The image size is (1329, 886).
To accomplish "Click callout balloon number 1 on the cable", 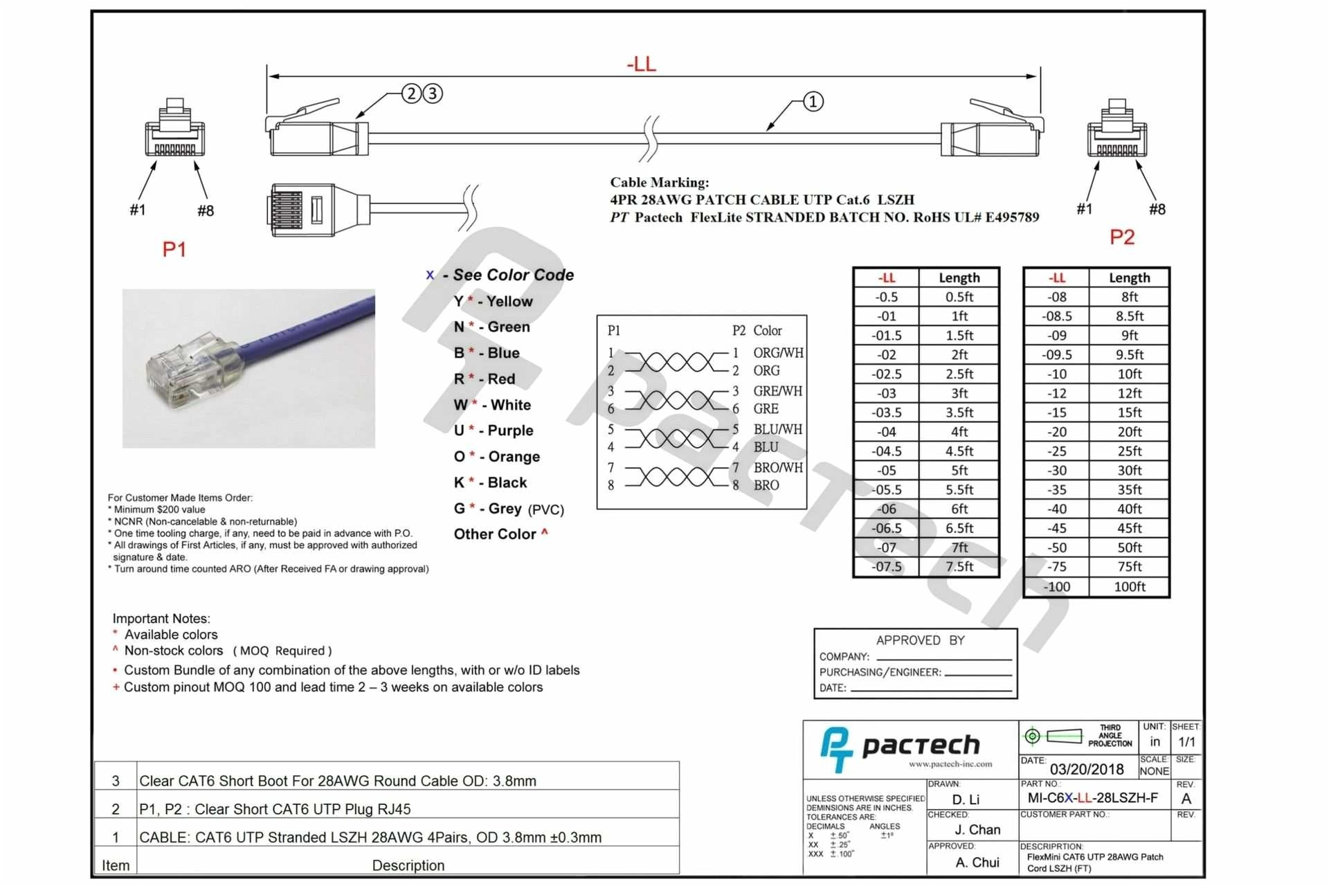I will point(813,102).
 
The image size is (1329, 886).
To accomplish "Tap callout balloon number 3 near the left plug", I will point(433,93).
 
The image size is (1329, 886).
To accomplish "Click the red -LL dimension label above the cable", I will point(641,64).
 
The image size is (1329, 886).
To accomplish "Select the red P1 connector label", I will point(174,249).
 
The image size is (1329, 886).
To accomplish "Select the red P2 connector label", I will point(1122,237).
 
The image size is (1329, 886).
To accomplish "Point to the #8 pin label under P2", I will point(1157,209).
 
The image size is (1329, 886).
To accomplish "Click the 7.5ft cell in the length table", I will point(959,566).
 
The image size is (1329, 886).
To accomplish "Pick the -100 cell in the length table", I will point(1057,586).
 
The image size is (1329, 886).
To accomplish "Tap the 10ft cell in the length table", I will point(1129,374).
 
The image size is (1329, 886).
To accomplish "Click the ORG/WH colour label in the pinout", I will point(778,352).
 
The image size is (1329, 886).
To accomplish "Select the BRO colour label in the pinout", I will point(766,485).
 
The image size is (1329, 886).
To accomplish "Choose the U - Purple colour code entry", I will point(494,431).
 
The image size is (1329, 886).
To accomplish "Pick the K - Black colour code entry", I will point(490,482).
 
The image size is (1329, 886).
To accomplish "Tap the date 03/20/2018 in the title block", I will point(1087,769).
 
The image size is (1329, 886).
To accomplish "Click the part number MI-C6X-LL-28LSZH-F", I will point(1092,798).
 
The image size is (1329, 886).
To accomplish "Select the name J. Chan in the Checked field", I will point(977,829).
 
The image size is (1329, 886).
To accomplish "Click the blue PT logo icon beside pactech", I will point(836,749).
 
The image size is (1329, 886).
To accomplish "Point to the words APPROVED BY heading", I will point(920,640).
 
